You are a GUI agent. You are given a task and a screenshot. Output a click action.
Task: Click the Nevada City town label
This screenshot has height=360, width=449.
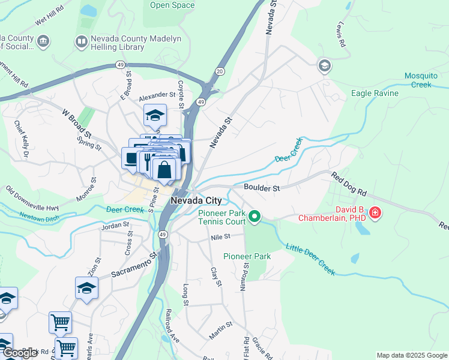click(x=196, y=200)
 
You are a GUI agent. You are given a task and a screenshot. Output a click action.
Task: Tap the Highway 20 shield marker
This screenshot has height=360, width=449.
click(x=220, y=71)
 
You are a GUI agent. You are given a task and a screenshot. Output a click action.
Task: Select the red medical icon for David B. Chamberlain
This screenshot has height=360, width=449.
click(x=375, y=212)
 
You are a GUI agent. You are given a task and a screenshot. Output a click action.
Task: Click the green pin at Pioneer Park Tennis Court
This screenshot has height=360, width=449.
click(x=255, y=216)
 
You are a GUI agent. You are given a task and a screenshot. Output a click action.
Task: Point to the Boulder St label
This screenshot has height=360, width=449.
click(x=262, y=188)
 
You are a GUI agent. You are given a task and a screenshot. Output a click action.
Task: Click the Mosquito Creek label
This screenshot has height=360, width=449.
click(x=426, y=80)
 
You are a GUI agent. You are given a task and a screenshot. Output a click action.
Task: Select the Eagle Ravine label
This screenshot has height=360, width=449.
click(x=375, y=94)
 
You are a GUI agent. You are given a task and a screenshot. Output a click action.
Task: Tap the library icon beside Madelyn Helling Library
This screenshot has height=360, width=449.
click(x=81, y=41)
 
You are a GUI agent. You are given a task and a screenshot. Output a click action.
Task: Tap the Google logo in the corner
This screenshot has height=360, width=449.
click(x=20, y=353)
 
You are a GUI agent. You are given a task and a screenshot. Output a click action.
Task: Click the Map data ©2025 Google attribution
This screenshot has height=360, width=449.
click(x=411, y=355)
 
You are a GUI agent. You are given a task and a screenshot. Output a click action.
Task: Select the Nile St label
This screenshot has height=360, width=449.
click(x=220, y=237)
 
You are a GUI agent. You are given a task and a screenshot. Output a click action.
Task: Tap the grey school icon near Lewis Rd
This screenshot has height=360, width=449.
click(x=325, y=65)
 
